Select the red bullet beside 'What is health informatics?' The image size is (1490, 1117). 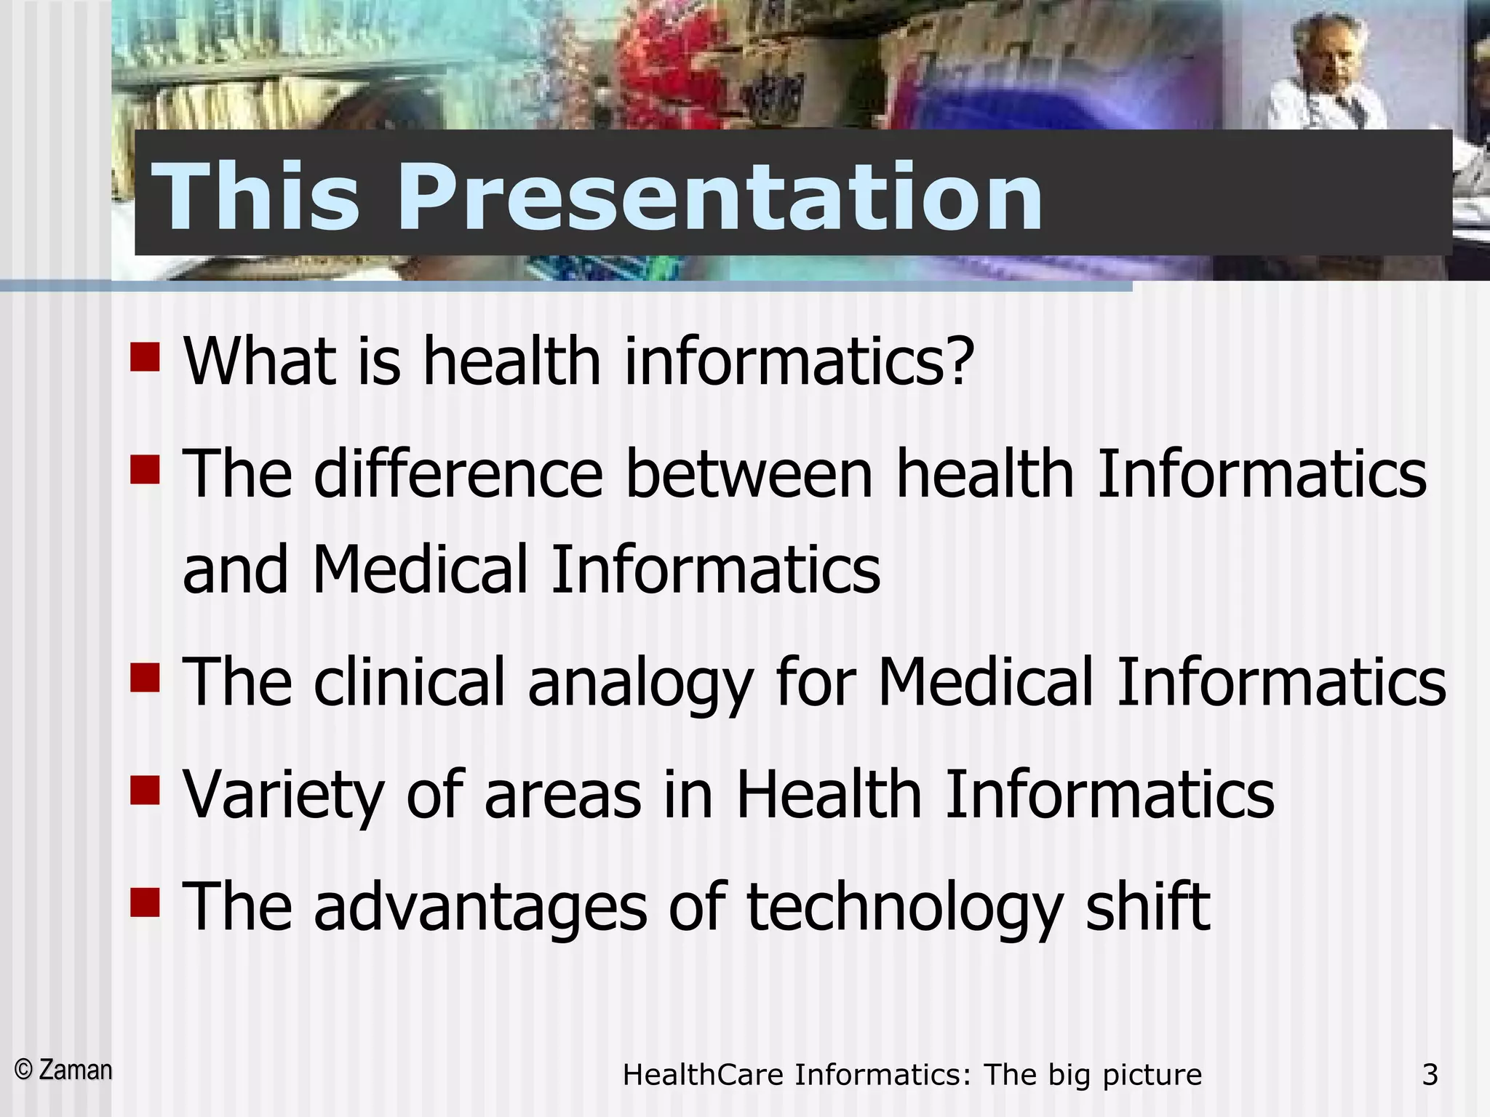point(145,357)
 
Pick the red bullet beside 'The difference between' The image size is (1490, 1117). point(145,469)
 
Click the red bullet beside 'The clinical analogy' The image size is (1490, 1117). point(145,677)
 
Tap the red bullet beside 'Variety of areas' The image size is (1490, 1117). point(145,790)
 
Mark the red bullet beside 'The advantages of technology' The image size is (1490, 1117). point(145,902)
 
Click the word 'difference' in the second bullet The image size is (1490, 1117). point(458,474)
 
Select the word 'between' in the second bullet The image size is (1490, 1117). point(749,474)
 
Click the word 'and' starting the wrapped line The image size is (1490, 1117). point(235,569)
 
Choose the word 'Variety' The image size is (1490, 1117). point(283,796)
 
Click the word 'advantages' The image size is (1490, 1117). point(480,908)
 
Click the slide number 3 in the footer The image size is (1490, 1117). point(1430,1075)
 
